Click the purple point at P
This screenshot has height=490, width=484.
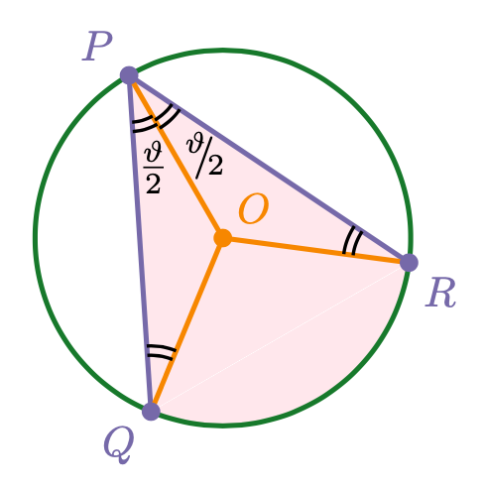coord(129,75)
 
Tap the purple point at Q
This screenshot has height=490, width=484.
coord(151,412)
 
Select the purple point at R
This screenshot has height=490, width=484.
coord(409,263)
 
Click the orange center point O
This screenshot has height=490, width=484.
coord(223,238)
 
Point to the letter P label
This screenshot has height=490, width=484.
coord(97,47)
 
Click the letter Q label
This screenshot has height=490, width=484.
coord(119,444)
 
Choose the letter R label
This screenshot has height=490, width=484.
coord(440,293)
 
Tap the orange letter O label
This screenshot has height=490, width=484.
coord(253,209)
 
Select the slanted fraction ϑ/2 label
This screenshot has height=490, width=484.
coord(204,158)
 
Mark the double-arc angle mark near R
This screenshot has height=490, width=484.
coord(352,241)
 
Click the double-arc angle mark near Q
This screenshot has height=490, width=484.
coord(161,352)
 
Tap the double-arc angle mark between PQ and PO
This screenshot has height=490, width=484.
coord(145,124)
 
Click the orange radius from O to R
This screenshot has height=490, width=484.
coord(315,250)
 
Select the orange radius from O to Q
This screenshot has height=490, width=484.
coord(186,324)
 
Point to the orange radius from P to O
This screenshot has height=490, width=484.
coord(176,157)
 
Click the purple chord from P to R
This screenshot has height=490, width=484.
coord(269,169)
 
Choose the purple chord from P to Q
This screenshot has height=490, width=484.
coord(140,243)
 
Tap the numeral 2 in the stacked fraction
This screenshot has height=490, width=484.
coord(154,184)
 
